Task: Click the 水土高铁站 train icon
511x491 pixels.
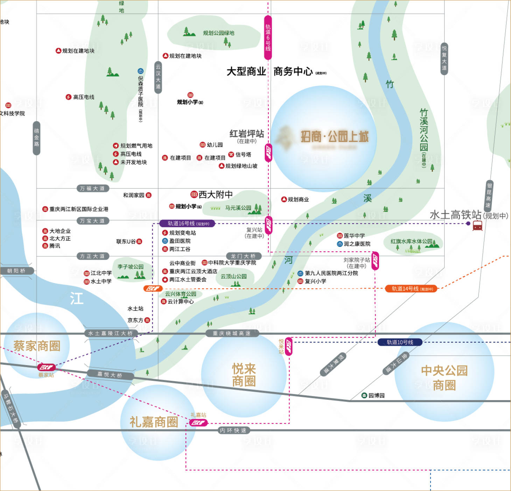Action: [477, 226]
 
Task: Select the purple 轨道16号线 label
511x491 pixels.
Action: [187, 223]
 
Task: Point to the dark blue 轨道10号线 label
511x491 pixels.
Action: [400, 342]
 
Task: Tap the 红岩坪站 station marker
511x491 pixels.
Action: [268, 152]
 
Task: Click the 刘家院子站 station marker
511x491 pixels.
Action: [375, 261]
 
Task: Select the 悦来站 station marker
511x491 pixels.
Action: [289, 347]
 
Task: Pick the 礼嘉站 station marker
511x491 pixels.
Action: [198, 423]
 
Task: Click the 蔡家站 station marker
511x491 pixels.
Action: [47, 367]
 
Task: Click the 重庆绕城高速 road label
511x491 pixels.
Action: [232, 334]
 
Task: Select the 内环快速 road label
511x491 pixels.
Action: [233, 430]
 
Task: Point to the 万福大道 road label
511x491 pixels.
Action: [92, 188]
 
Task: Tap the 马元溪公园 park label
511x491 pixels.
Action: [238, 208]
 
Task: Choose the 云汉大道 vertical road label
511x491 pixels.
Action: [158, 77]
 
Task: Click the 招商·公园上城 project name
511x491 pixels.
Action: [334, 137]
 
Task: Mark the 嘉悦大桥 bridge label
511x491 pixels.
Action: [110, 375]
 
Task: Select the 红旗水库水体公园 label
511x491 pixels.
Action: [411, 241]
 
